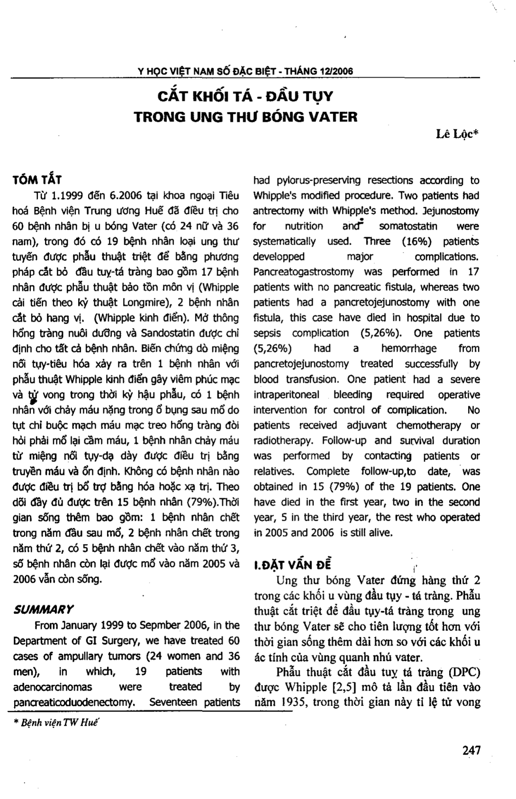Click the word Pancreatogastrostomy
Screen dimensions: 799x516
coord(303,272)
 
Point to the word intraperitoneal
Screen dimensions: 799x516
coord(286,395)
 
